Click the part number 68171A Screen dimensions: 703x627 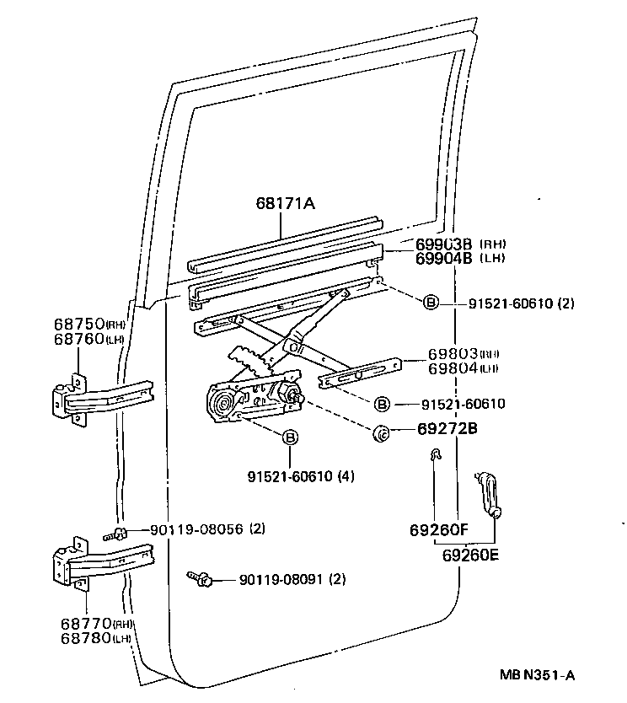pyautogui.click(x=287, y=204)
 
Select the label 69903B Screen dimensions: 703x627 pyautogui.click(x=445, y=244)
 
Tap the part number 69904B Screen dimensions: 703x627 pyautogui.click(x=445, y=259)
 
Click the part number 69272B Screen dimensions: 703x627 pyautogui.click(x=447, y=429)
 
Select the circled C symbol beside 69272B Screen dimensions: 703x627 pyautogui.click(x=380, y=433)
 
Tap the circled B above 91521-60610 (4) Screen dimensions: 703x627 pyautogui.click(x=289, y=437)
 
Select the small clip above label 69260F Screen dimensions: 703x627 pyautogui.click(x=434, y=456)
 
